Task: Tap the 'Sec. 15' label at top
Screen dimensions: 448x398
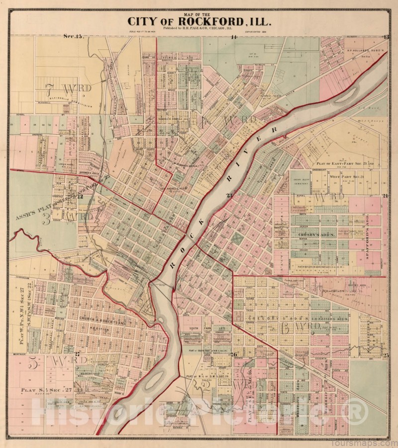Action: [75, 36]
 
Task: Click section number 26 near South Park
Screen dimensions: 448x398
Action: [233, 354]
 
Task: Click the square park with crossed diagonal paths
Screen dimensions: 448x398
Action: [238, 239]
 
